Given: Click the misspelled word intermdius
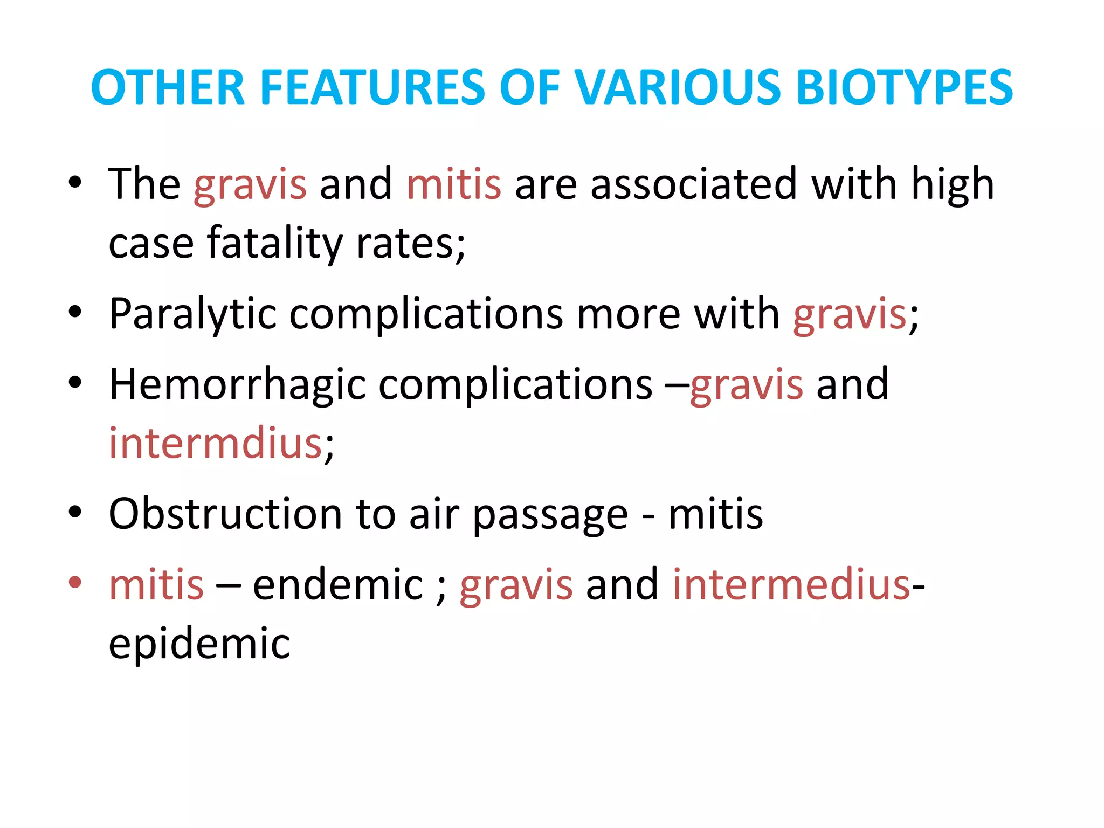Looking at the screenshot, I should (x=216, y=443).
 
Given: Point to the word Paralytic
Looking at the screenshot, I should (x=192, y=314).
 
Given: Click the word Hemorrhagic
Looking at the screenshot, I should (x=237, y=385).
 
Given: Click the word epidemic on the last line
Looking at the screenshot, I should (x=199, y=644).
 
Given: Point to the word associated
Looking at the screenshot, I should (x=693, y=184).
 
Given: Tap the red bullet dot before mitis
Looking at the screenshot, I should (x=75, y=582).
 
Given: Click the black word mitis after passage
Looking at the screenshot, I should (x=715, y=513).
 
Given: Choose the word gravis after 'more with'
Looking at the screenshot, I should (x=850, y=315).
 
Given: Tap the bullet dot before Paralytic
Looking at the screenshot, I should (x=75, y=312).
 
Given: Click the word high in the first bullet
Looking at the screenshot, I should (x=953, y=184).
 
